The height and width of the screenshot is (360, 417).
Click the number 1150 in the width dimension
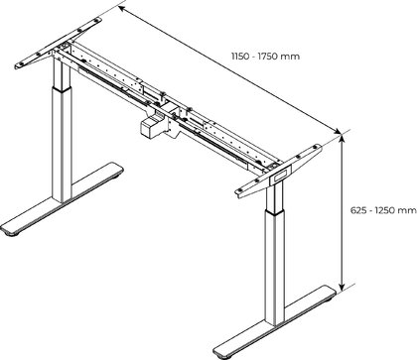(239, 57)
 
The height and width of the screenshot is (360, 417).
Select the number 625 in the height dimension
(358, 210)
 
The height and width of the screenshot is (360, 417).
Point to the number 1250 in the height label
(386, 210)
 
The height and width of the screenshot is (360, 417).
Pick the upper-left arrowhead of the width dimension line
(122, 9)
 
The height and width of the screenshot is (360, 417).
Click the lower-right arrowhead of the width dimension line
(337, 131)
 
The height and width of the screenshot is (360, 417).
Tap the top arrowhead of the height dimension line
(343, 137)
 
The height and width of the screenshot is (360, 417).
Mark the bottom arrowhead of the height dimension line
(343, 286)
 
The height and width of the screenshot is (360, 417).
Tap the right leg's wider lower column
(275, 267)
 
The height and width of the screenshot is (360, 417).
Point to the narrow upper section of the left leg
(62, 73)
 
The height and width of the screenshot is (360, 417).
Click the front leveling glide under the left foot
(13, 234)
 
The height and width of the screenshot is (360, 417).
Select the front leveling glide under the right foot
(227, 357)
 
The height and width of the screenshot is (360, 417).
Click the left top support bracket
(59, 44)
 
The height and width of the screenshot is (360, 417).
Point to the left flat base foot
(62, 199)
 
